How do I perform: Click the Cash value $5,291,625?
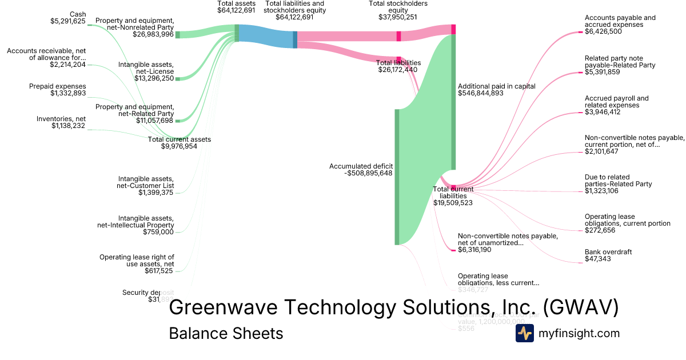point(67,22)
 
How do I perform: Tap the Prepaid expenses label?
point(57,86)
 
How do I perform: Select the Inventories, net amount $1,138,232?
point(68,126)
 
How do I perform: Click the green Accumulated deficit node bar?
point(397,177)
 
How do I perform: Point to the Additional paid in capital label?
point(496,86)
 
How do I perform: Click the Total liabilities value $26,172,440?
point(398,70)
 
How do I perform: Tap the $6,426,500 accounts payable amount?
point(603,31)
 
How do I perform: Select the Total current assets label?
point(179,139)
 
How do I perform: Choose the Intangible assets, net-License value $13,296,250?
point(154,78)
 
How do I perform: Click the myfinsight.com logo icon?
point(524,333)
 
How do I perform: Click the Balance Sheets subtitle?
point(226,333)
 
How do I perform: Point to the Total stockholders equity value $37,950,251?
point(398,17)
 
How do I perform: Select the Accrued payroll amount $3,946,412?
point(603,112)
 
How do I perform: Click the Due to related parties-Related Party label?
point(618,184)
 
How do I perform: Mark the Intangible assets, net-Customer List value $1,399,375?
point(155,193)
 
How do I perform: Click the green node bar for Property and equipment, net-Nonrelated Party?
point(178,34)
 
